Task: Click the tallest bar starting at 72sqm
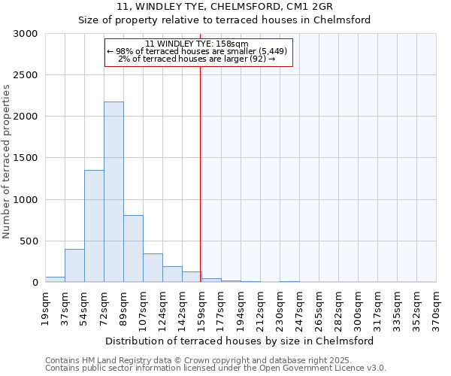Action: click(114, 192)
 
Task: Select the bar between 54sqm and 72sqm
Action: click(94, 226)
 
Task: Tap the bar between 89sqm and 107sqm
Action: click(133, 248)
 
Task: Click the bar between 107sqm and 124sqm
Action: click(153, 268)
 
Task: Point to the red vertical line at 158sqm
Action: click(200, 173)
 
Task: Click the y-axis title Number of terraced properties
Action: click(7, 162)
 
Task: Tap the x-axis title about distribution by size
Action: click(241, 341)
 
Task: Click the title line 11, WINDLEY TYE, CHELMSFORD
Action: click(225, 7)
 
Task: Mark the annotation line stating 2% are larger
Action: click(197, 59)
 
